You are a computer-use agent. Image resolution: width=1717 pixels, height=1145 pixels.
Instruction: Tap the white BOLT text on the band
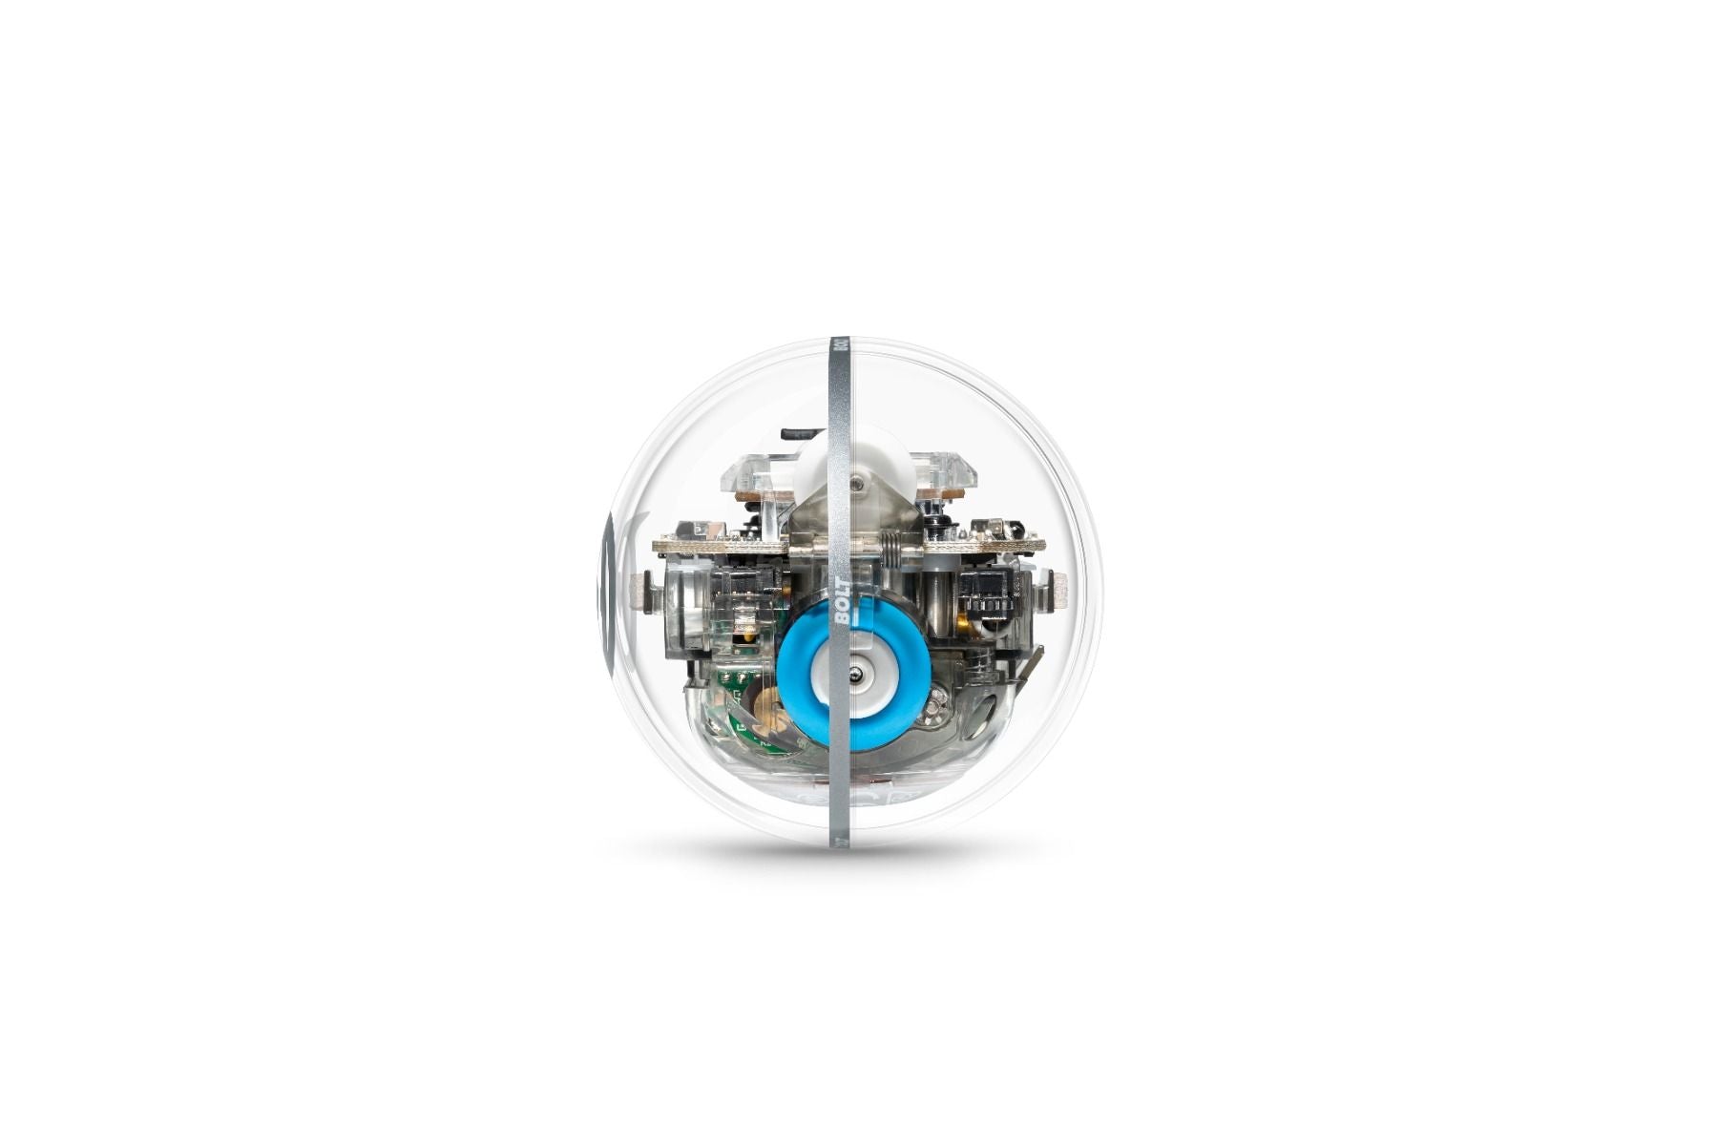[x=842, y=601]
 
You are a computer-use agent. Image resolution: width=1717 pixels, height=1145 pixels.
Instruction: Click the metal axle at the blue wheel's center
[x=859, y=676]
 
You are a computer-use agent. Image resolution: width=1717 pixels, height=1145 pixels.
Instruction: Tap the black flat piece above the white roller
[x=800, y=433]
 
